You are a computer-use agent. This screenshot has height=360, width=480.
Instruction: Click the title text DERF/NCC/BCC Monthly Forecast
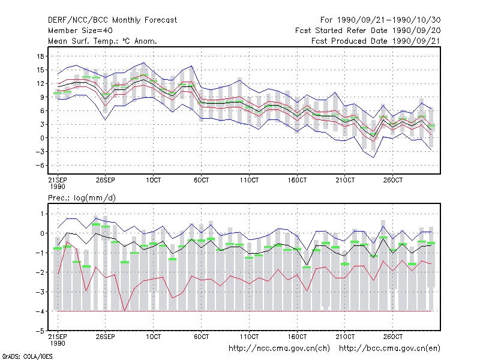coord(112,20)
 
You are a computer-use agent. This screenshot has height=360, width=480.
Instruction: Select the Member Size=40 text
coord(80,31)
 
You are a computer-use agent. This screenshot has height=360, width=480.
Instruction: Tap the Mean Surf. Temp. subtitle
coord(103,41)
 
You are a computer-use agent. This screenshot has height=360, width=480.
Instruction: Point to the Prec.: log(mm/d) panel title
coord(82,198)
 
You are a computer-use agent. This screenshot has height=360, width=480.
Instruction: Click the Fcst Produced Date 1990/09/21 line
coord(376,41)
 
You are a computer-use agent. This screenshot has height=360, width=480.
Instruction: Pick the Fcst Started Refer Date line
coord(368,31)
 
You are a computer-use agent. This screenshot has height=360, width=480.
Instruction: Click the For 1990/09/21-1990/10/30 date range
coord(380,20)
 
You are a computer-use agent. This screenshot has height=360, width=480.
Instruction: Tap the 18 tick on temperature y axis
coord(40,56)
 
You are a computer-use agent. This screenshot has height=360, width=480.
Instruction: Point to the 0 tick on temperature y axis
coord(42,138)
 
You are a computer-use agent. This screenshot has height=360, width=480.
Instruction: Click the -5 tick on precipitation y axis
coord(41,331)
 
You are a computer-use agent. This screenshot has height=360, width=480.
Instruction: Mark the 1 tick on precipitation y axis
coord(42,214)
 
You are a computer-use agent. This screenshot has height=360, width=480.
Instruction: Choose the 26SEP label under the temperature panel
coord(106,180)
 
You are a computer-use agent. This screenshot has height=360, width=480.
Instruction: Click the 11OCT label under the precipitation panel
coord(249,337)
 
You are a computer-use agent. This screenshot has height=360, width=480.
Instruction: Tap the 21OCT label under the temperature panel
coord(345,180)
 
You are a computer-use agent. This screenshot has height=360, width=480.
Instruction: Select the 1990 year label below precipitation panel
coord(58,343)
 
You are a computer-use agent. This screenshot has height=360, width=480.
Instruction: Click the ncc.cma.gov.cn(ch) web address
coord(279,349)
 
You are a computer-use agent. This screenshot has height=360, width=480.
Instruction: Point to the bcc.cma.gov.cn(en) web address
coord(389,349)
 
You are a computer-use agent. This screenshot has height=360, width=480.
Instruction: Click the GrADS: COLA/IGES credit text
coord(27,356)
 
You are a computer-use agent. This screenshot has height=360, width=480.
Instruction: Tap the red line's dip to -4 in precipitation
coord(124,310)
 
